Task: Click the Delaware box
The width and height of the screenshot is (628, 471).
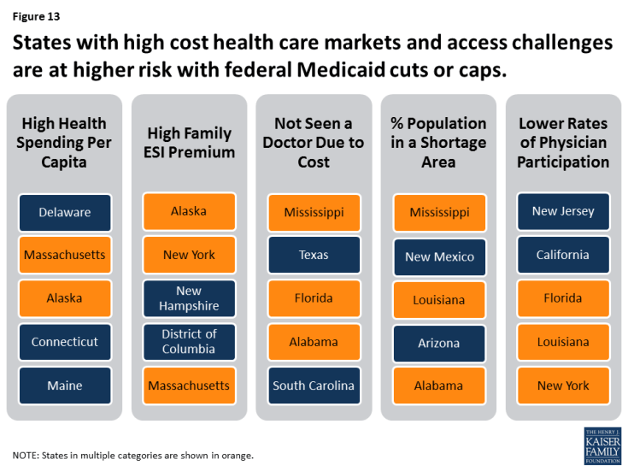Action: [x=64, y=212]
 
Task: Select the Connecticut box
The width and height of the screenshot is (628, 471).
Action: [x=64, y=342]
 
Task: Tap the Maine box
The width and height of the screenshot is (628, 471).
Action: [x=64, y=386]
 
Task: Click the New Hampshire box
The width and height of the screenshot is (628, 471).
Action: [x=189, y=298]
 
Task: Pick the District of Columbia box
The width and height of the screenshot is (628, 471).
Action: [x=189, y=341]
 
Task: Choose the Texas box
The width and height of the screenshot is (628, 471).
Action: [x=314, y=255]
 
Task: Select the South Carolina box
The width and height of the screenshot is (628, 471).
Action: [x=314, y=386]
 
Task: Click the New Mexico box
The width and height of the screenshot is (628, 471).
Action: [x=439, y=256]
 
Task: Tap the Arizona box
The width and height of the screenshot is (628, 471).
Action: [x=439, y=343]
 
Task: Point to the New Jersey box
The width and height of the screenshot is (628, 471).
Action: [x=563, y=211]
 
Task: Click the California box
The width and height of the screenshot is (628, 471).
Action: [x=563, y=255]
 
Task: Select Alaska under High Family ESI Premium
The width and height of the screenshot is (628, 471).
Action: [x=189, y=211]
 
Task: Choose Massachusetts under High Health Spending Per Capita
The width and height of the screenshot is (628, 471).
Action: [x=64, y=255]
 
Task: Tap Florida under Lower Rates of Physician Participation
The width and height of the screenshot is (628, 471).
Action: [x=563, y=298]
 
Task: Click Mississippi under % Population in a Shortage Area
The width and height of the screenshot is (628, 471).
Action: [x=439, y=212]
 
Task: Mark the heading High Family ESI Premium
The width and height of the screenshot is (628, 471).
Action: [x=189, y=143]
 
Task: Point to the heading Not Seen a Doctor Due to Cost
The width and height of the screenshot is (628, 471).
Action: [x=314, y=142]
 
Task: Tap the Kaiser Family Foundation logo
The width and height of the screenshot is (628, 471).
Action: [x=602, y=446]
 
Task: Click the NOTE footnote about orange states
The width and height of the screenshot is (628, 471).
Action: [x=133, y=454]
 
